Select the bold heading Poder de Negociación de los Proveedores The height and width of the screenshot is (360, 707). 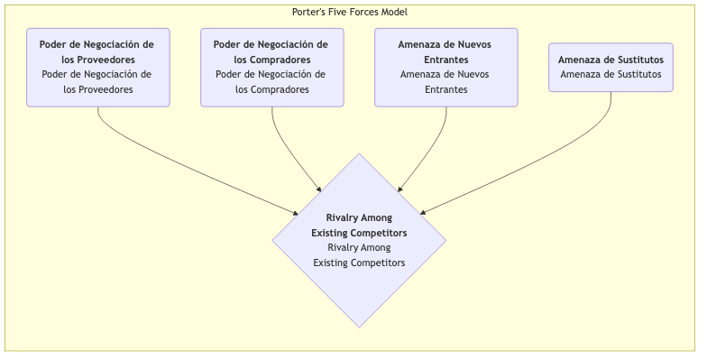tap(97, 51)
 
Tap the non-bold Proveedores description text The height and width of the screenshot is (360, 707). tap(97, 82)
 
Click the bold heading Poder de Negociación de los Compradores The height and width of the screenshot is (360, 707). tap(271, 51)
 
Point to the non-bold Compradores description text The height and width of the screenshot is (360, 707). tap(271, 82)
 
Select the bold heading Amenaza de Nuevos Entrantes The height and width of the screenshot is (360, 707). tap(445, 51)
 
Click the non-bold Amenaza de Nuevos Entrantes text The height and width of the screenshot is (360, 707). tap(445, 82)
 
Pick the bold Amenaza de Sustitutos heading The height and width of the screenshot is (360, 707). tap(611, 60)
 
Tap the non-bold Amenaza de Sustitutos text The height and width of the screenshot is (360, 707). tap(611, 74)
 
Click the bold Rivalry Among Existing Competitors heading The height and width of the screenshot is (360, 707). tap(359, 225)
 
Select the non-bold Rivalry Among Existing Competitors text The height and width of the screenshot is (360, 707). tap(359, 254)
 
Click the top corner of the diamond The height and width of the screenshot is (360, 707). tap(359, 155)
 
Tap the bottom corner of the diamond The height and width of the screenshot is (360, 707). tap(359, 326)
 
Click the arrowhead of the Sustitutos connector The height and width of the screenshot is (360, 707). tap(424, 212)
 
